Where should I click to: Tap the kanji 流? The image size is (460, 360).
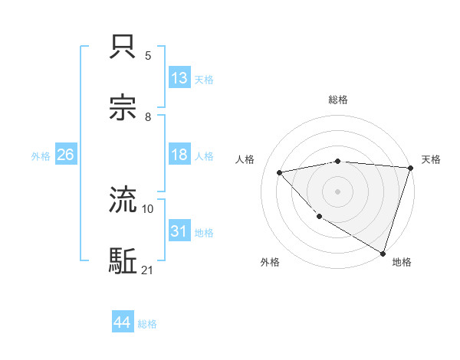(x=123, y=201)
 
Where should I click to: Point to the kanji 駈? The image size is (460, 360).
(x=123, y=260)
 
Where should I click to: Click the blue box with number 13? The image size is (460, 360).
(x=179, y=78)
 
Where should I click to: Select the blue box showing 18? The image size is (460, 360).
(x=179, y=155)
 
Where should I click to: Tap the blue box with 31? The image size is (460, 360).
(x=179, y=231)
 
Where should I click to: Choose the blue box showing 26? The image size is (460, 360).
(x=65, y=155)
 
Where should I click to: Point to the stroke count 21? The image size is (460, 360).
(x=148, y=270)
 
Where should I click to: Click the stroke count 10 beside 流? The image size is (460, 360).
(x=148, y=208)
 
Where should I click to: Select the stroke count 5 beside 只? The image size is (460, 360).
(x=148, y=56)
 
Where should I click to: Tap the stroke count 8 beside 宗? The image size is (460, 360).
(x=148, y=117)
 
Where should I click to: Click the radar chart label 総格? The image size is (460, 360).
(x=338, y=100)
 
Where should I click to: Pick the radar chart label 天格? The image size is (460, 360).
(x=432, y=159)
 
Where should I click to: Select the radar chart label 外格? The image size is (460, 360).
(x=270, y=262)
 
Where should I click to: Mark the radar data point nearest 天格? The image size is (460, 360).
(x=411, y=169)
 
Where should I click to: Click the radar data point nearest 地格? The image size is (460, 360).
(x=383, y=253)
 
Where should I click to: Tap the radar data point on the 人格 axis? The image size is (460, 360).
(x=280, y=172)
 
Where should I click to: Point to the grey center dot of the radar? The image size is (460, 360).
(x=337, y=191)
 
